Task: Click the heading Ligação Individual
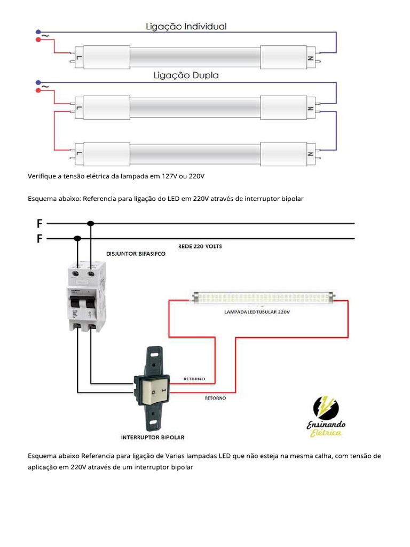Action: click(x=187, y=26)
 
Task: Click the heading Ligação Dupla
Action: click(x=186, y=76)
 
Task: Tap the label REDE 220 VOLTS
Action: click(x=200, y=246)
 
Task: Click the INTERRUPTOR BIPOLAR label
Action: click(x=153, y=437)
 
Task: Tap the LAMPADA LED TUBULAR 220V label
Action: click(x=256, y=311)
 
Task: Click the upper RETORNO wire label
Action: click(x=194, y=379)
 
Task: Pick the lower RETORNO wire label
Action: click(x=215, y=398)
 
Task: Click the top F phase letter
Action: click(x=39, y=223)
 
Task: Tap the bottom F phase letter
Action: click(x=39, y=238)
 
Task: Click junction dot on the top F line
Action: click(x=91, y=223)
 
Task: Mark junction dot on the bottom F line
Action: click(x=78, y=238)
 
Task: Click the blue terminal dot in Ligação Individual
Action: click(x=37, y=32)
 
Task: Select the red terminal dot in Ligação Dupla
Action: click(x=37, y=90)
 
